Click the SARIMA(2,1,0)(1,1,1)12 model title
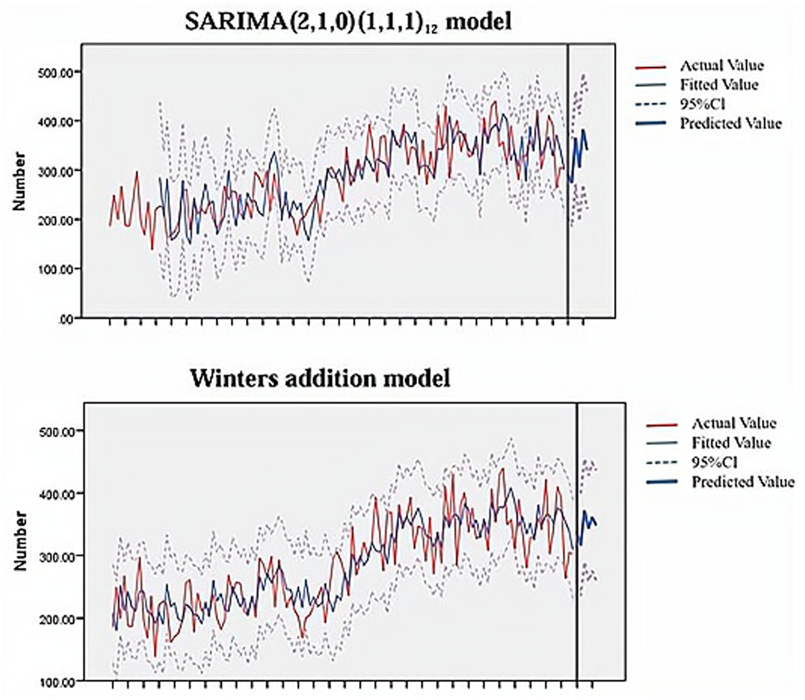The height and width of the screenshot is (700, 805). pos(348,23)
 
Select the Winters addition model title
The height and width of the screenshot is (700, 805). pos(320,378)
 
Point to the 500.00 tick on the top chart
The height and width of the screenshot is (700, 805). pos(56,72)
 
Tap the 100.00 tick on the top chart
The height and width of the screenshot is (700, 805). pos(56,269)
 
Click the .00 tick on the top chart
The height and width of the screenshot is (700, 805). pos(66,319)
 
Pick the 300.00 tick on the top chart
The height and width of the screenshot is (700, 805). pos(56,170)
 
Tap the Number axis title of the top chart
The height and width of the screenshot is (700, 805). pos(20,181)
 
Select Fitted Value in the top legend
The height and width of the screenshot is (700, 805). pos(719,85)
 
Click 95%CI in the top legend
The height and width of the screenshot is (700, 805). pos(702,104)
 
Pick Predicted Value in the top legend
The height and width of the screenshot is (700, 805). pos(730,123)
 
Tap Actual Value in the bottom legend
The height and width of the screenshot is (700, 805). pos(733,424)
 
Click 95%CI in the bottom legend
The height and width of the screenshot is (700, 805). pos(714,463)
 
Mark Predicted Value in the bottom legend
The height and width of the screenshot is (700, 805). pos(742,482)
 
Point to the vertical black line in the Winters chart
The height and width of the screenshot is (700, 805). pos(577,541)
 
